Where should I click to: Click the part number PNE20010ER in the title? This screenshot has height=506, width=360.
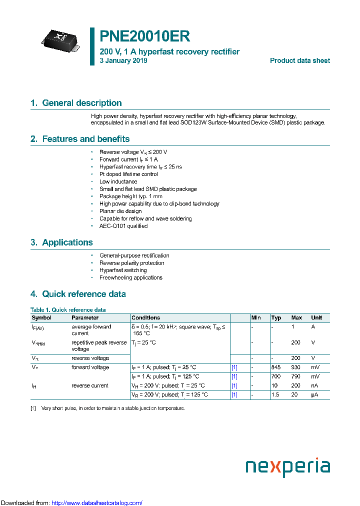[144, 36]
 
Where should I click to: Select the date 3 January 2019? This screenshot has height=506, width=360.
[123, 60]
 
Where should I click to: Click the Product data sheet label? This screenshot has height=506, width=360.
[299, 60]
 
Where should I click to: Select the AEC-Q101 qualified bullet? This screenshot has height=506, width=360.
[123, 226]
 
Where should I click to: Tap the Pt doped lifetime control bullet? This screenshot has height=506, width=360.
[128, 174]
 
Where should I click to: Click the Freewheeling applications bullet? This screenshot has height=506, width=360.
[130, 277]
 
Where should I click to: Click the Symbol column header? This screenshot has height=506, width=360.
[41, 317]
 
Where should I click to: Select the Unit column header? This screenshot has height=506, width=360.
[316, 317]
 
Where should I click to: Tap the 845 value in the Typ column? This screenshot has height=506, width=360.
[276, 367]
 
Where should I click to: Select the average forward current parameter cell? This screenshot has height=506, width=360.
[91, 329]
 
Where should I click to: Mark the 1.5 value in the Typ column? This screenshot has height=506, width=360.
[275, 394]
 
